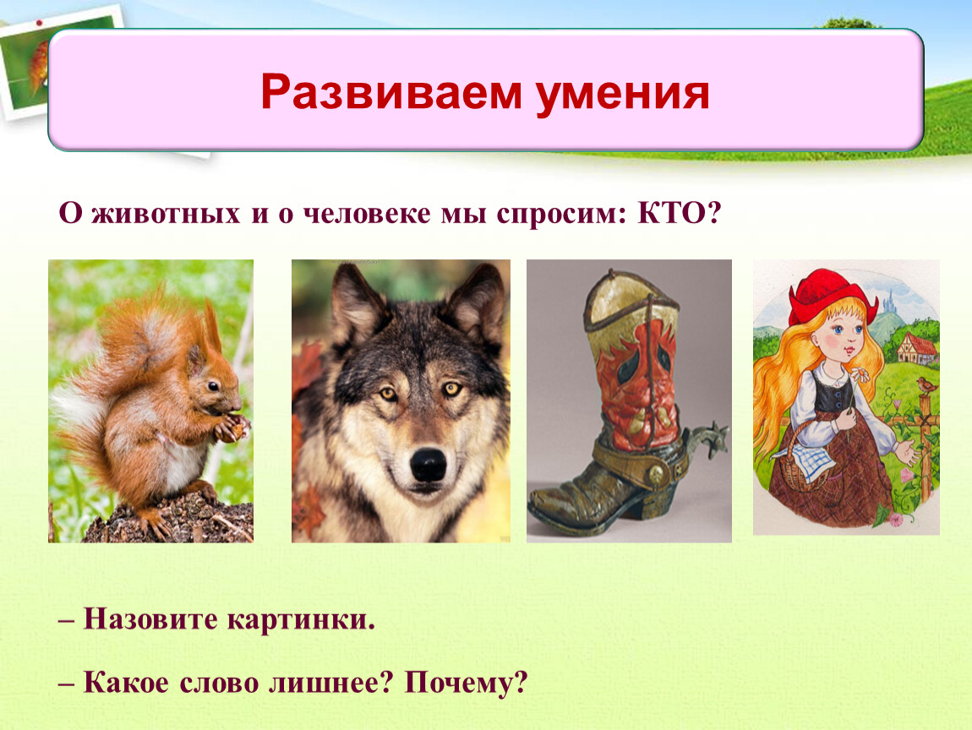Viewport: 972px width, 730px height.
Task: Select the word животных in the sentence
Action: coord(166,214)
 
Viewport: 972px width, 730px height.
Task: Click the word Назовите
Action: coord(150,618)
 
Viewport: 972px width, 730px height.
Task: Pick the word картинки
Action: coord(301,619)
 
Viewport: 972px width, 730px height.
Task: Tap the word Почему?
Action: coord(466,683)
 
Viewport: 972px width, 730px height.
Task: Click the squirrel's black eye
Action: coord(213,385)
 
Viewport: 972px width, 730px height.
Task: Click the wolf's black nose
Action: coord(428,464)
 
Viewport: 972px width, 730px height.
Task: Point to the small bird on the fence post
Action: coord(927,385)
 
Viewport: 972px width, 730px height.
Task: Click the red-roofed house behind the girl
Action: coord(916,347)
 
